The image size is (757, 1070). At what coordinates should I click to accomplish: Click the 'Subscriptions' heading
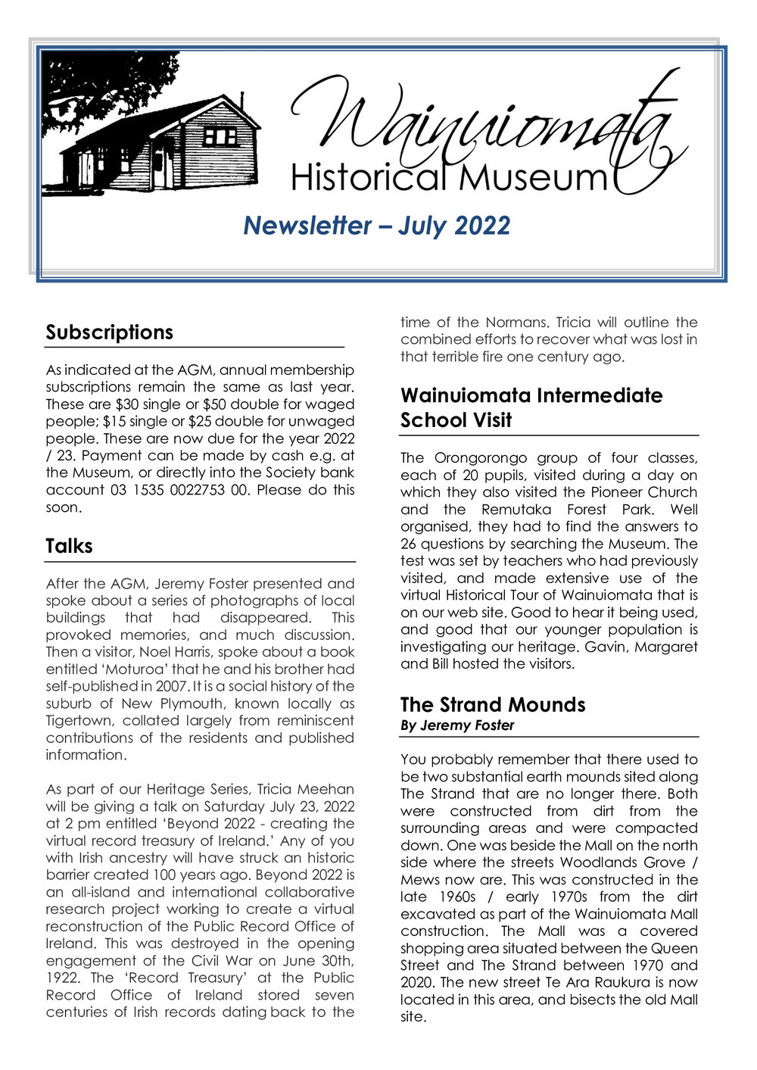point(109,332)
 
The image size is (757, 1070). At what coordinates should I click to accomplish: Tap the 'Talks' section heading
point(69,546)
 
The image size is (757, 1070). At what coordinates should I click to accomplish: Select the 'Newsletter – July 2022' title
point(376,225)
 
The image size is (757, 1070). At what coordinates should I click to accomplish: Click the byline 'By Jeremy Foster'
point(457,725)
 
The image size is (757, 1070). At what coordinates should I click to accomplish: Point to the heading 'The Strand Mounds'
point(493,704)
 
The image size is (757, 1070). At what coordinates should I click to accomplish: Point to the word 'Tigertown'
point(79,721)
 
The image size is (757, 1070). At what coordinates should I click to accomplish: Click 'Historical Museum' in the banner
point(449,178)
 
